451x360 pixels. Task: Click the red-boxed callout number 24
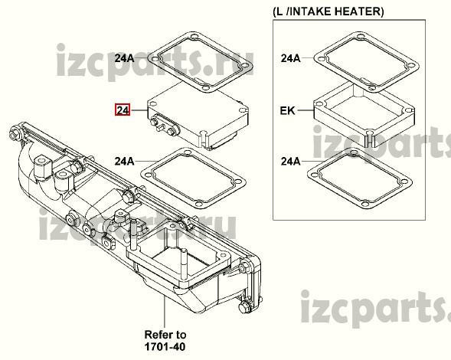[x=123, y=110]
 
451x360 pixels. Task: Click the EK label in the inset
[x=287, y=110]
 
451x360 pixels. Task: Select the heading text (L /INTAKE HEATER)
[x=328, y=11]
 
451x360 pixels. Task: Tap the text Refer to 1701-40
[x=165, y=340]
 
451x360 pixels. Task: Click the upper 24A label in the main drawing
[x=124, y=58]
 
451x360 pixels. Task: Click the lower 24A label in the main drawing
[x=124, y=161]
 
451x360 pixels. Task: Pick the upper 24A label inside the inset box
[x=290, y=58]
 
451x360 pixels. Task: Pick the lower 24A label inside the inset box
[x=290, y=162]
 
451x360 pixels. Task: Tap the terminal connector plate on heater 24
[x=163, y=125]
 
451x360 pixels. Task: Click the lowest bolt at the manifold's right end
[x=244, y=306]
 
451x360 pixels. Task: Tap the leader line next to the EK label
[x=305, y=110]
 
